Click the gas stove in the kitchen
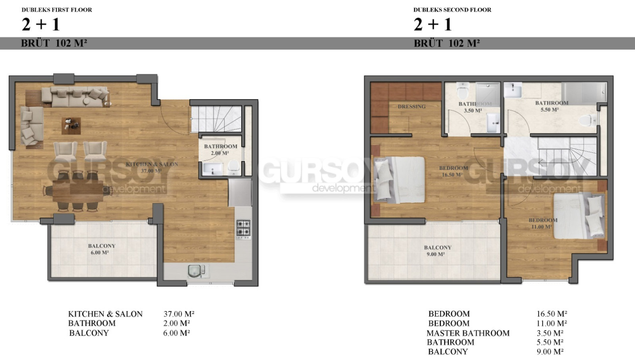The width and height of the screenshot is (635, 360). pyautogui.click(x=244, y=228)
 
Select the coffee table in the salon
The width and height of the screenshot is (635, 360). pyautogui.click(x=71, y=126)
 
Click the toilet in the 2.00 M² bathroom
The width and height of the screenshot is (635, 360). pyautogui.click(x=234, y=167)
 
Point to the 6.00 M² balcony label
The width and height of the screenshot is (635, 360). pyautogui.click(x=102, y=249)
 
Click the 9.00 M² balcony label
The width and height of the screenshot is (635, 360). pyautogui.click(x=437, y=251)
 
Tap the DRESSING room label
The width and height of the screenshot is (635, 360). pyautogui.click(x=411, y=106)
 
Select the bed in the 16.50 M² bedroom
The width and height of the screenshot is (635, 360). pyautogui.click(x=399, y=180)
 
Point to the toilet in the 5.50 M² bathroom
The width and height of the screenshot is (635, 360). pyautogui.click(x=587, y=120)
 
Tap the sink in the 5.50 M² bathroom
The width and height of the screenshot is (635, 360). pyautogui.click(x=513, y=90)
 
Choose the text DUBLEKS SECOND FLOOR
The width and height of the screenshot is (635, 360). pyautogui.click(x=452, y=10)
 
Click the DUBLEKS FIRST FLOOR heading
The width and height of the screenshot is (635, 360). pyautogui.click(x=57, y=10)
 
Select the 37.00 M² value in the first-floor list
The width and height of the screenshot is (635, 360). pyautogui.click(x=178, y=314)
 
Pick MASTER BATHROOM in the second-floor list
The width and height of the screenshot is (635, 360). pyautogui.click(x=468, y=333)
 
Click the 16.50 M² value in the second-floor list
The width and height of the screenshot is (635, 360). pyautogui.click(x=552, y=314)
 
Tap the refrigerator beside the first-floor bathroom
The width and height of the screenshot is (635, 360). pyautogui.click(x=240, y=192)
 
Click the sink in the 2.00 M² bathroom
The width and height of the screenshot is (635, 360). pyautogui.click(x=213, y=169)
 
